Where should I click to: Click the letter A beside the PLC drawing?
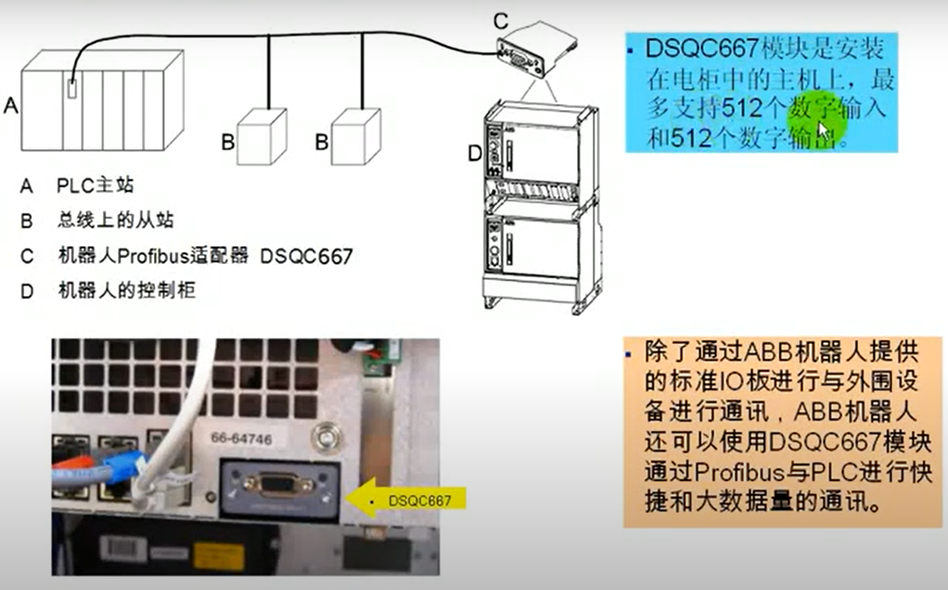point(10,105)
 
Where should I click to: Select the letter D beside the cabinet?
point(474,153)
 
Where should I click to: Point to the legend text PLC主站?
point(95,186)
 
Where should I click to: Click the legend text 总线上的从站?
point(115,221)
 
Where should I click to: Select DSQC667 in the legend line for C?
point(306,256)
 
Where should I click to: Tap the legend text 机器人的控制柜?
point(126,290)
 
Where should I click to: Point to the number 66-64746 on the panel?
point(241,439)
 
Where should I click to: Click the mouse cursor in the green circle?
point(824,129)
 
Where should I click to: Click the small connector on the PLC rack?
point(73,90)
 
